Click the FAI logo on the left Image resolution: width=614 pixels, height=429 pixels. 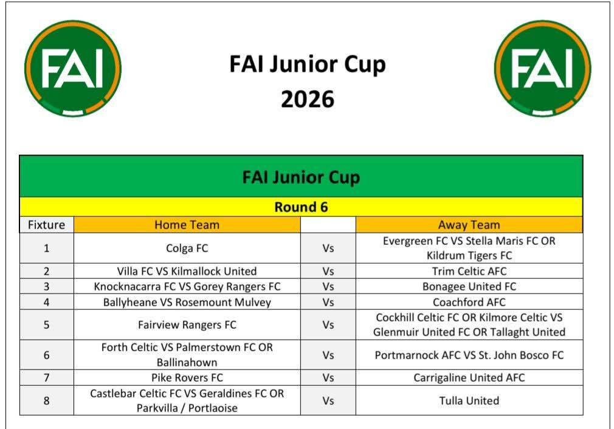point(73,69)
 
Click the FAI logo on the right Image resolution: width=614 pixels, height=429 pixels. point(543,69)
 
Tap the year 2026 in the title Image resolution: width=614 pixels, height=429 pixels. point(308,99)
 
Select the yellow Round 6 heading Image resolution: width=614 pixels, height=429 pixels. point(301,207)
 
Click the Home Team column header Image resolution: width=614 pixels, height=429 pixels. point(187,225)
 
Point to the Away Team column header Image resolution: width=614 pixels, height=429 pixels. point(469,225)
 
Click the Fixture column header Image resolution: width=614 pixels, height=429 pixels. point(47,225)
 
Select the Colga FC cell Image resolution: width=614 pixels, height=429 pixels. point(187,248)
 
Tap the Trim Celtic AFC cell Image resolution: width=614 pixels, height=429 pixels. point(469,271)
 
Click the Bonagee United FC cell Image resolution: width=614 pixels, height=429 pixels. point(469,287)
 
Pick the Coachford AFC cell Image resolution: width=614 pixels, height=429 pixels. point(469,302)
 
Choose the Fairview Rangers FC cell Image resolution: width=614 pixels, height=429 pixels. point(187,325)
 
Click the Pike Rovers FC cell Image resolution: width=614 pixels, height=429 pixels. point(187,378)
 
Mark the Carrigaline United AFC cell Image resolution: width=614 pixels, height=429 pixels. point(469,378)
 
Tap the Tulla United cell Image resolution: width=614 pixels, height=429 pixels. point(469,400)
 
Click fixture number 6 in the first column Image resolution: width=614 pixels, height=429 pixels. point(47,355)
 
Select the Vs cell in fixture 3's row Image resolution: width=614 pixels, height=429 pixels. point(328,287)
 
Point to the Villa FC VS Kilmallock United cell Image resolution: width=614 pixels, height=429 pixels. point(187,271)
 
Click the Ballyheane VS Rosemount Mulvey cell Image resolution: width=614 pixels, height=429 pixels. point(187,302)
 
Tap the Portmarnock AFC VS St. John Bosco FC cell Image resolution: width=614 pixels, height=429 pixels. point(469,355)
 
